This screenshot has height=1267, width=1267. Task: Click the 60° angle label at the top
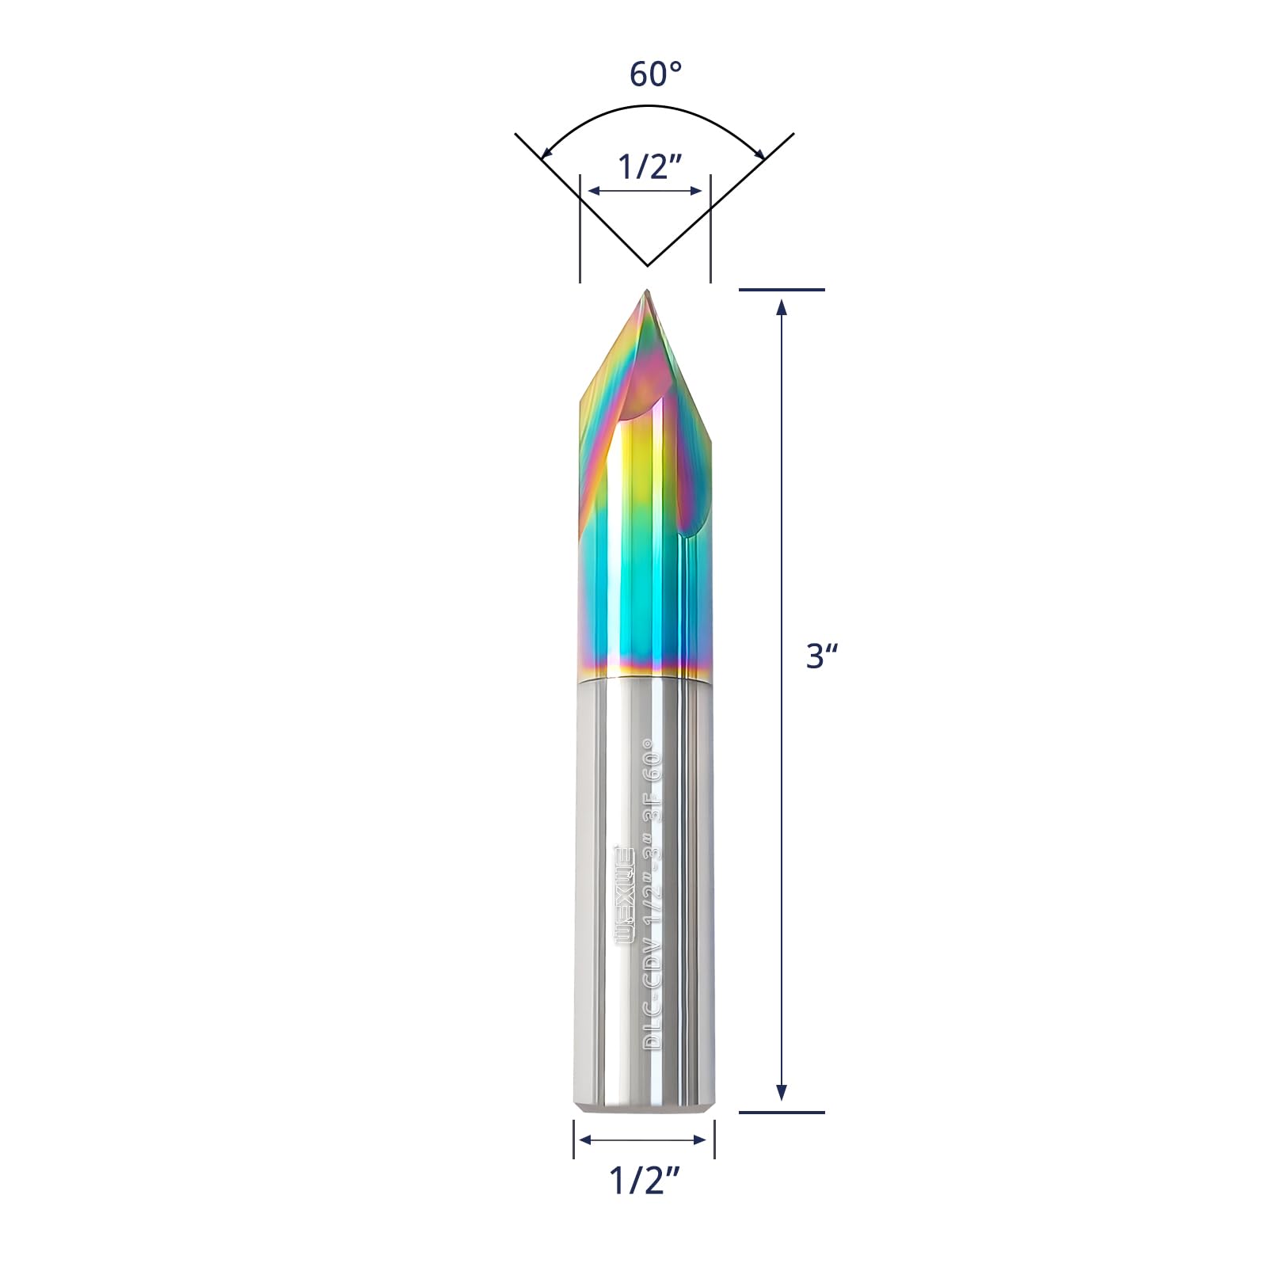tap(655, 74)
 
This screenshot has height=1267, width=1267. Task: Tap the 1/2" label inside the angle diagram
tap(649, 167)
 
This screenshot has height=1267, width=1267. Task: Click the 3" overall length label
tap(821, 656)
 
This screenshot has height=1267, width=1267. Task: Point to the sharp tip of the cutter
tap(647, 292)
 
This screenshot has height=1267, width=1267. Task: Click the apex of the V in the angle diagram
tap(647, 264)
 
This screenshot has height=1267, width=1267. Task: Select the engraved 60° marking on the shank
tap(651, 760)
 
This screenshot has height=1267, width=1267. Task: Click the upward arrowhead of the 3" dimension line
tap(782, 306)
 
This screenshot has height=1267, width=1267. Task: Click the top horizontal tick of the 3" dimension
tap(782, 290)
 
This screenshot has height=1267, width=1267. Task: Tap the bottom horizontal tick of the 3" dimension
tap(782, 1112)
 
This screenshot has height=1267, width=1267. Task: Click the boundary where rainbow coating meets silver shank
tap(645, 678)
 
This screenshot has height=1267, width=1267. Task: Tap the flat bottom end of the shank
tap(645, 1113)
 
